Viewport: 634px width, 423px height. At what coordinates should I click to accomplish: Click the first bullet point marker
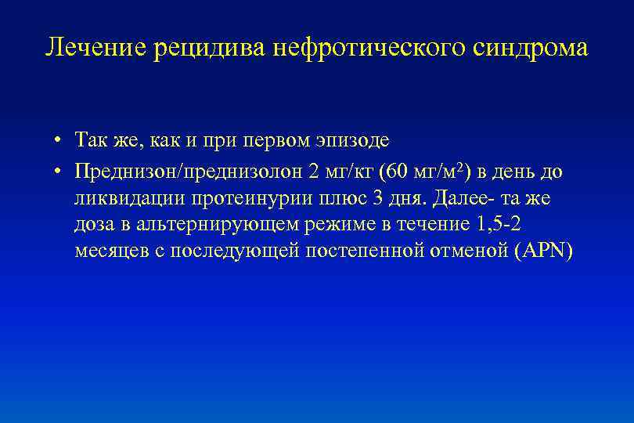pyautogui.click(x=59, y=142)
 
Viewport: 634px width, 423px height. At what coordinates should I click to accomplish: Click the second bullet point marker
pyautogui.click(x=59, y=170)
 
